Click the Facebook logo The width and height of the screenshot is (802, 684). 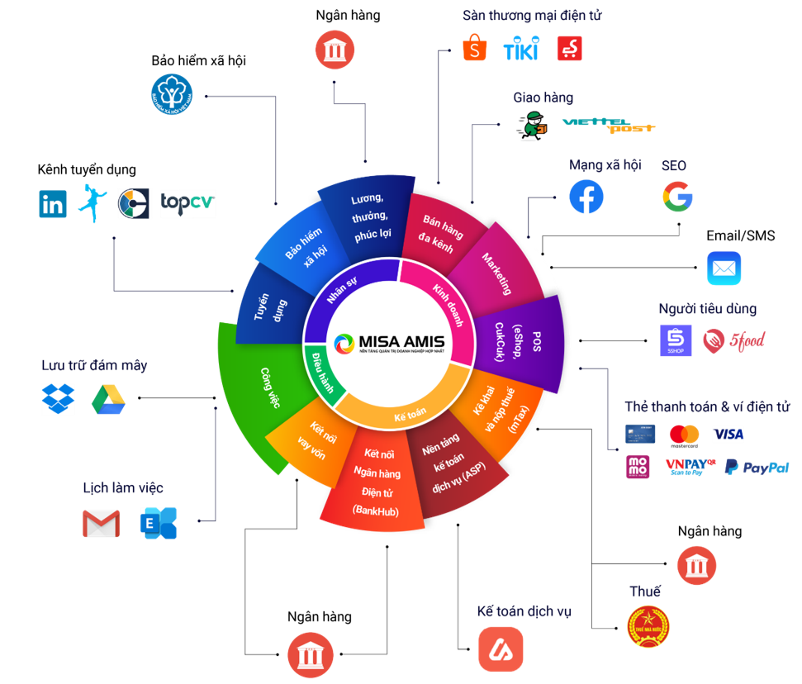pyautogui.click(x=586, y=197)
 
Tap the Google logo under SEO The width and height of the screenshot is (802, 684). pyautogui.click(x=677, y=197)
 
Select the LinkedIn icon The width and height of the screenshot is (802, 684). pyautogui.click(x=53, y=204)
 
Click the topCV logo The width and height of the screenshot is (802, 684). pyautogui.click(x=187, y=203)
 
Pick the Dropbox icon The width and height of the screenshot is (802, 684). pyautogui.click(x=58, y=400)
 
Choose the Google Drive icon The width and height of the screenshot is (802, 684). pyautogui.click(x=108, y=400)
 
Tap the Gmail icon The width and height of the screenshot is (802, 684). pyautogui.click(x=101, y=524)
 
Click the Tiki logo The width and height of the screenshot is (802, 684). pyautogui.click(x=521, y=49)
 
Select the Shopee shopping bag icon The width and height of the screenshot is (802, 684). pyautogui.click(x=475, y=49)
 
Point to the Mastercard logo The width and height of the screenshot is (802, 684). pyautogui.click(x=684, y=434)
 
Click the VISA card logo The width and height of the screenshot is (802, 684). pyautogui.click(x=728, y=434)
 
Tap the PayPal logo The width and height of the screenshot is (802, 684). pyautogui.click(x=757, y=468)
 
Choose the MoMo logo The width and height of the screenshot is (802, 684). pyautogui.click(x=638, y=468)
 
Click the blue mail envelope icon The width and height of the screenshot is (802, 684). pyautogui.click(x=724, y=268)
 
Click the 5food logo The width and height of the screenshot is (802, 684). pyautogui.click(x=734, y=340)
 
